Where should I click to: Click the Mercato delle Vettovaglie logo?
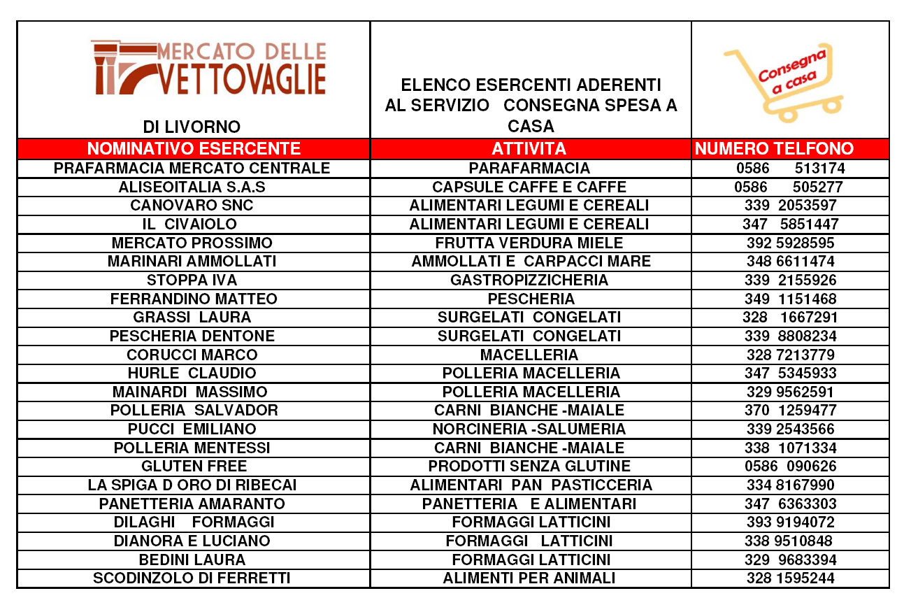(208, 68)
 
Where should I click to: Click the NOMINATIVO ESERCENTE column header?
(194, 148)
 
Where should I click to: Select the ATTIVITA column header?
(529, 148)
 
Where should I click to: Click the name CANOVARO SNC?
(192, 206)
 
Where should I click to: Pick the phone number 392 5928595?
(790, 243)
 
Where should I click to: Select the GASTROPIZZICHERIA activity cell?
(529, 280)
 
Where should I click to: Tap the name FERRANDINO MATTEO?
(194, 299)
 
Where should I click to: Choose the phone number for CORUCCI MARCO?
(790, 355)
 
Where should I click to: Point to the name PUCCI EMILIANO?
(192, 429)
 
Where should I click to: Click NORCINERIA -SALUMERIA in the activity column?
(529, 429)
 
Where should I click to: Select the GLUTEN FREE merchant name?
(194, 467)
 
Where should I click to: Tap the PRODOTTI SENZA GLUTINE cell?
(529, 467)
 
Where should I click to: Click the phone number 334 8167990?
(790, 485)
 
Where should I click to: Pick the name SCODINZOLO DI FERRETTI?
(192, 578)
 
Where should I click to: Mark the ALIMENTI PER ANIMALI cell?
(529, 578)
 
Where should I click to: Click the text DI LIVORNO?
(192, 127)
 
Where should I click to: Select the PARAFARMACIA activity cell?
(529, 169)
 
